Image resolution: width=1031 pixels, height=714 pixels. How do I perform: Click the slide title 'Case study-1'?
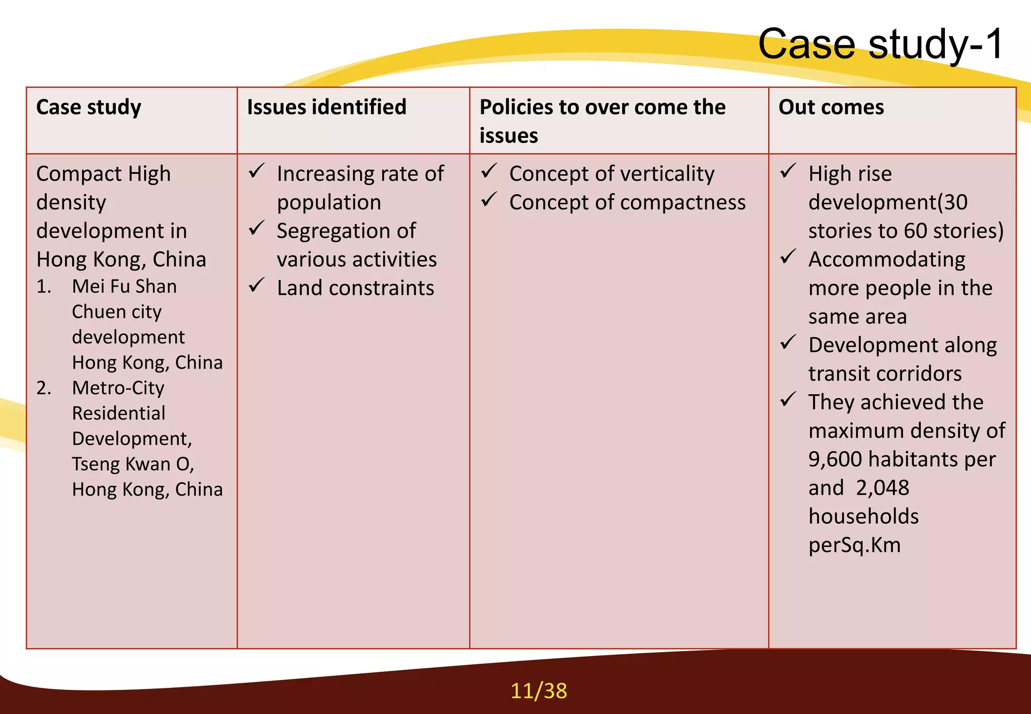(880, 44)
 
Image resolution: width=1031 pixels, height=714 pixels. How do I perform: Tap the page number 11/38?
(539, 691)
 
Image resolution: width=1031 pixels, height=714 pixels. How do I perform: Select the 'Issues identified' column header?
(326, 107)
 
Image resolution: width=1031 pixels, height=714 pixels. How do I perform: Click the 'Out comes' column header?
(831, 107)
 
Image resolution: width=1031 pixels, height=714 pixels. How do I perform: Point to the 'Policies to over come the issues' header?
(603, 121)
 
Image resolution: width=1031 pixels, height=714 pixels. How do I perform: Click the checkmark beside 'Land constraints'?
(257, 285)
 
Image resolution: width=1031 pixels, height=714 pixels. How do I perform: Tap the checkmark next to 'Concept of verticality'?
(489, 171)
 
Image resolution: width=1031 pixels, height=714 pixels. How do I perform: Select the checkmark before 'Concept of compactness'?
(489, 199)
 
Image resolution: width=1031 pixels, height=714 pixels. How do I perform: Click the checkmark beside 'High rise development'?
(788, 171)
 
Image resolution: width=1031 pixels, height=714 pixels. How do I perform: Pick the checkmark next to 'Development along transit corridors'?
(788, 342)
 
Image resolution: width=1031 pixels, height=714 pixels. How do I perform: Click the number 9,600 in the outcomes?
(835, 459)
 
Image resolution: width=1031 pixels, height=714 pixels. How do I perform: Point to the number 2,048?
(882, 488)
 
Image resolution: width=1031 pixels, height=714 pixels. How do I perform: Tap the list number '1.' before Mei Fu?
(44, 287)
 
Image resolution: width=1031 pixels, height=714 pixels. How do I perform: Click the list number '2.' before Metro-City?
(44, 388)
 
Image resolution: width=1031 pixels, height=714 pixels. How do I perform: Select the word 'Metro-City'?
(118, 388)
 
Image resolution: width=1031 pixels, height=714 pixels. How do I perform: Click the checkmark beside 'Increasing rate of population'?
(257, 171)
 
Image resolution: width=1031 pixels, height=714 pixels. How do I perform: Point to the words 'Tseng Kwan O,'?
(133, 464)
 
